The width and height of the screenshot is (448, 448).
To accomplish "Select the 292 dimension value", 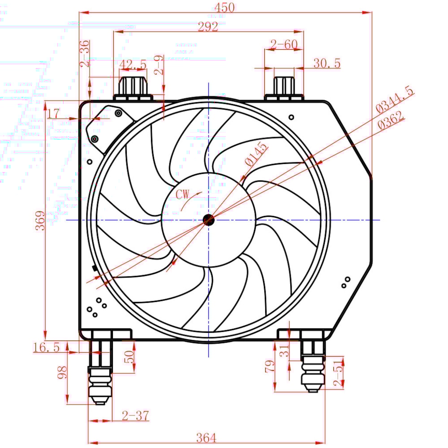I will point(208,26).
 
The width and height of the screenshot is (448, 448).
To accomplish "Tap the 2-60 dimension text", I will point(284,44).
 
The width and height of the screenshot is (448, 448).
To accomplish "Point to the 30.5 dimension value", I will point(327,63).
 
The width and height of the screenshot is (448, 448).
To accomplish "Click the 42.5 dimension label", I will point(133,65).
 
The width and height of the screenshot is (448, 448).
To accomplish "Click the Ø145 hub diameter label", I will point(255,155).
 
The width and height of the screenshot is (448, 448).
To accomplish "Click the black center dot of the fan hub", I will point(208,220).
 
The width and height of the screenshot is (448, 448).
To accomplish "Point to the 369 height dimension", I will point(39,220).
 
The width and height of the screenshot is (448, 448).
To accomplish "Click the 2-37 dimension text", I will point(135,416).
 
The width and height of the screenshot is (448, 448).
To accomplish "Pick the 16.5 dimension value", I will point(46,347).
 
